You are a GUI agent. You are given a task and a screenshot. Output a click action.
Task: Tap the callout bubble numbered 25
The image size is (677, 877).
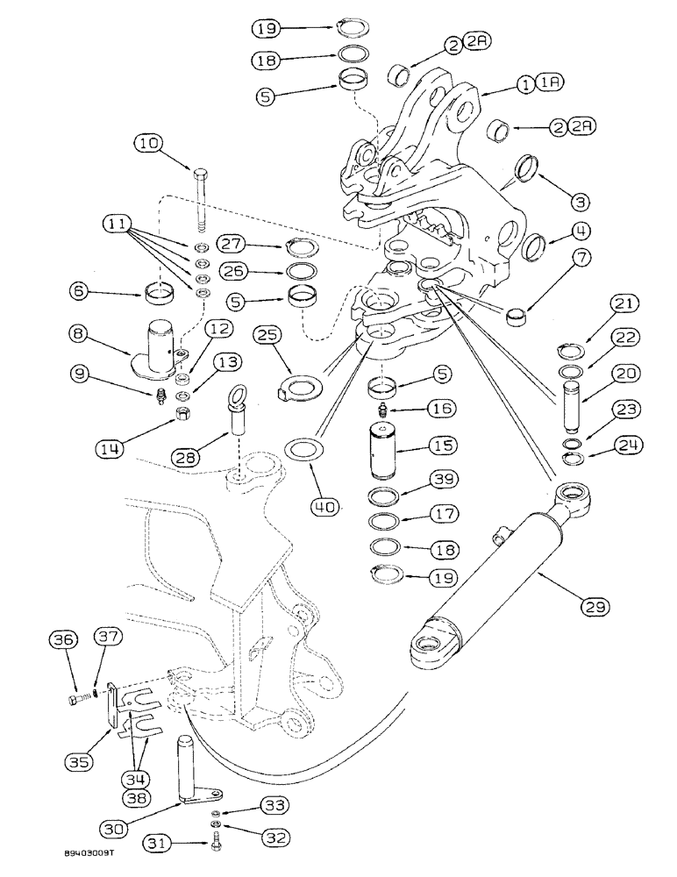coord(269,334)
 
